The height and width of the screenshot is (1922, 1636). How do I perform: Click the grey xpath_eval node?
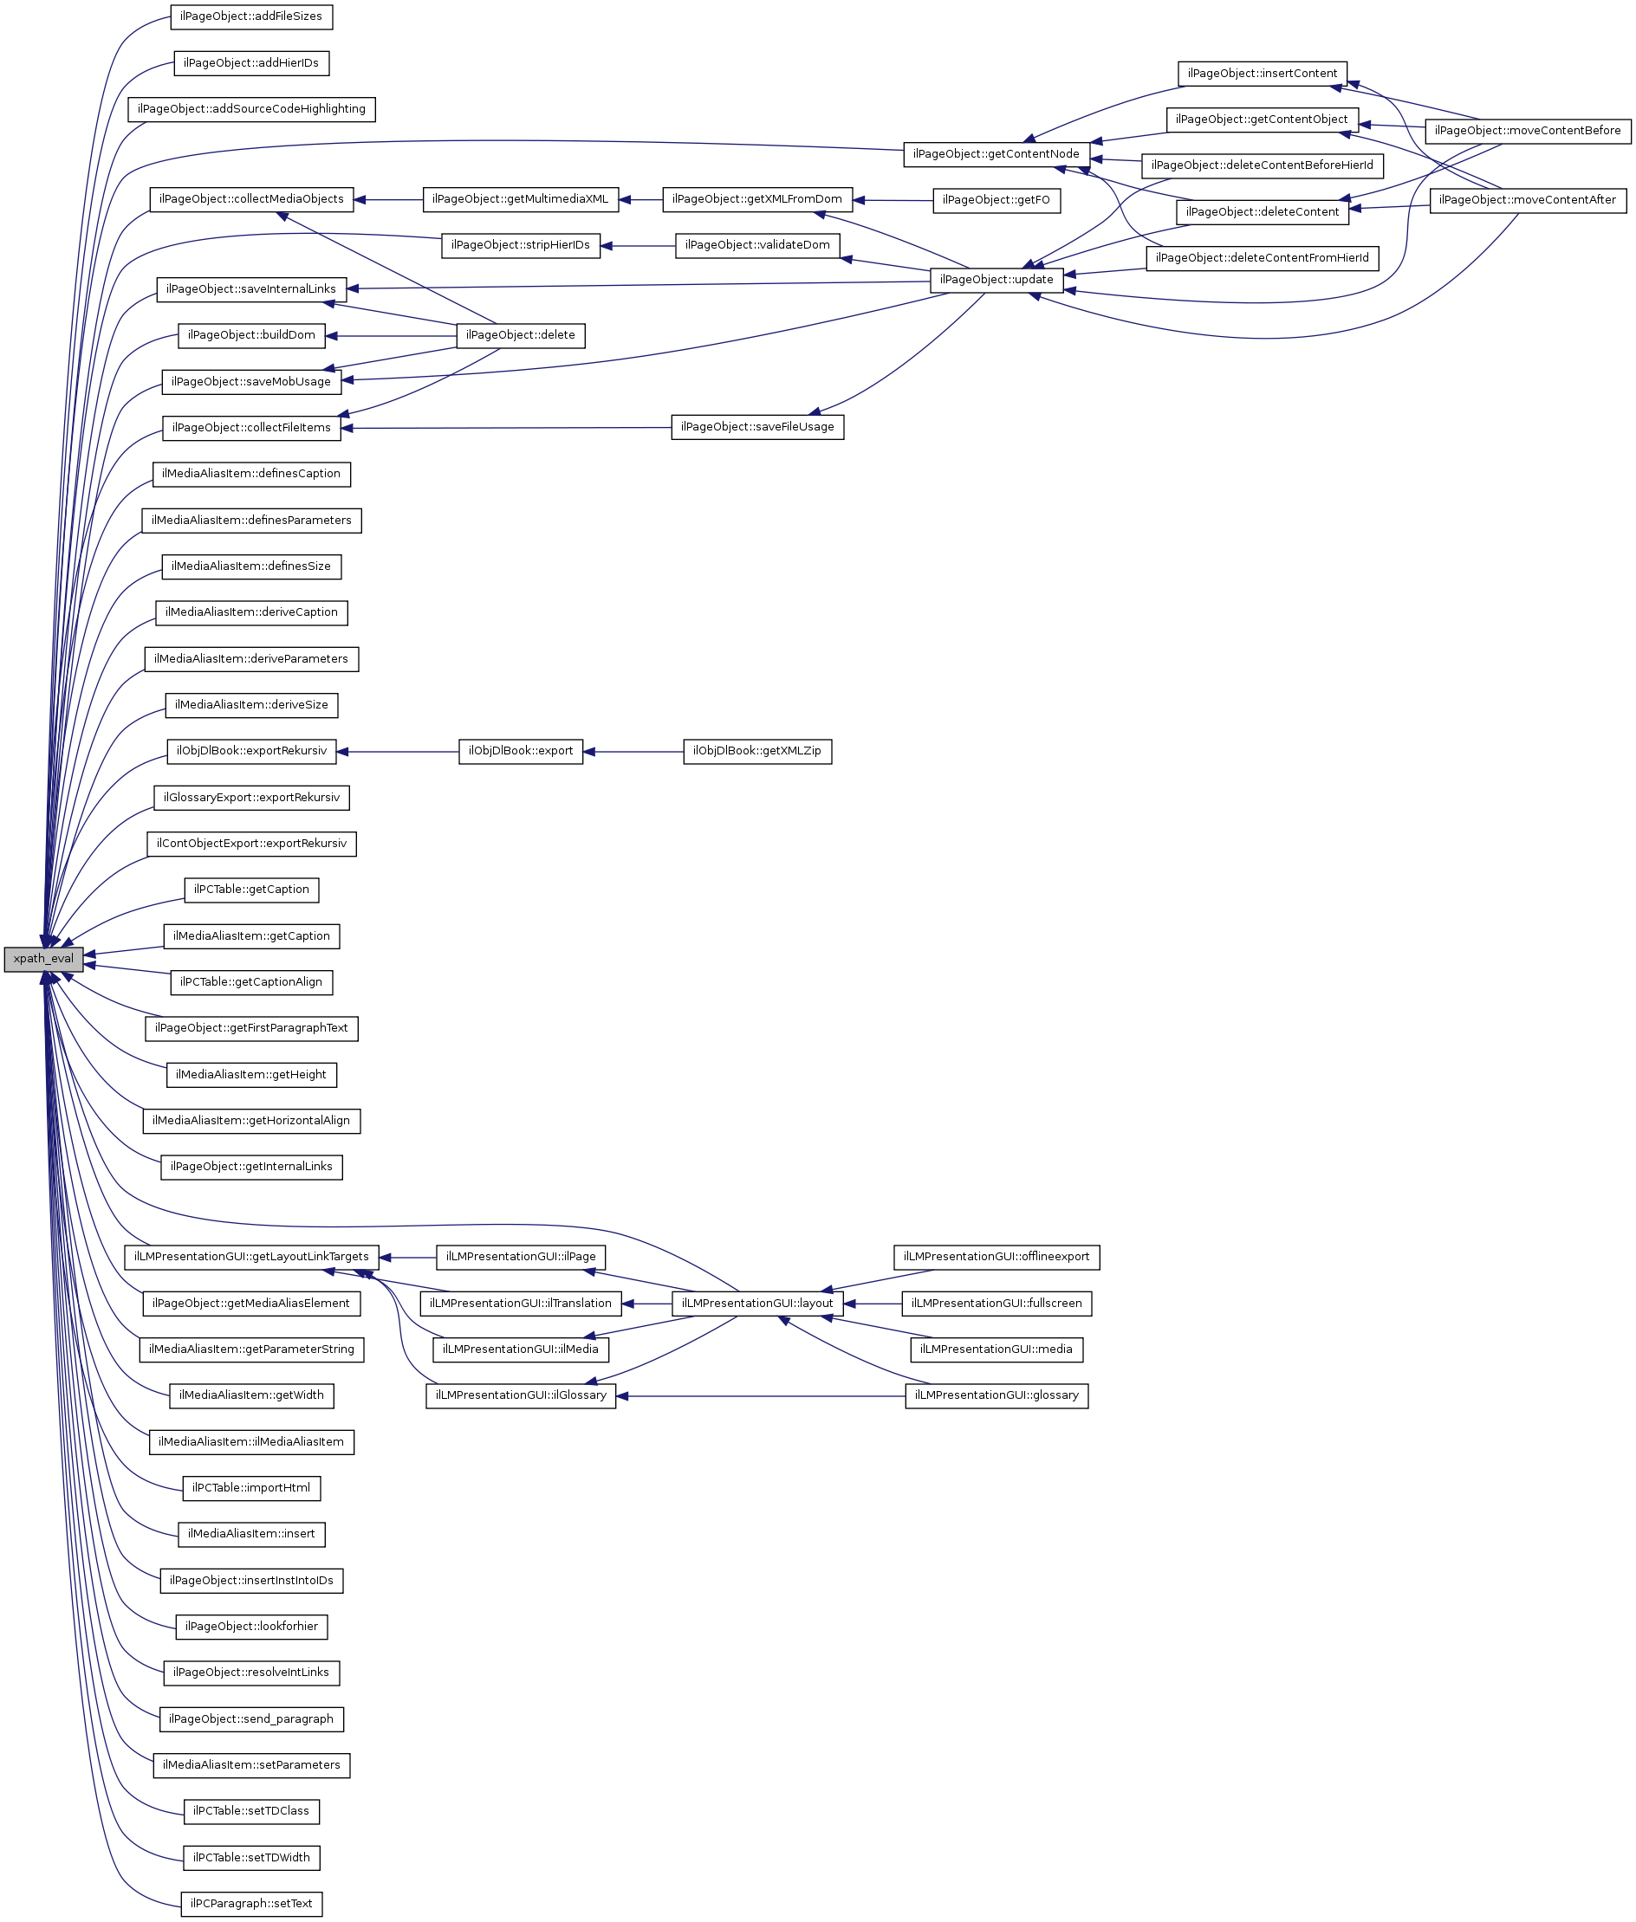(x=43, y=959)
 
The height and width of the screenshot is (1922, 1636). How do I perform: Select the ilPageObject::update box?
(x=996, y=280)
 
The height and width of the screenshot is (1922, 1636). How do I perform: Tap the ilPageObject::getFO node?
(x=996, y=200)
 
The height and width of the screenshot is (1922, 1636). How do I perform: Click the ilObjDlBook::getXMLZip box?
(x=756, y=751)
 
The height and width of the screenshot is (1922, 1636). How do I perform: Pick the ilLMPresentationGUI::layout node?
(x=756, y=1304)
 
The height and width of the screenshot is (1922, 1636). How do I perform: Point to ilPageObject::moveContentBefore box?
(x=1527, y=131)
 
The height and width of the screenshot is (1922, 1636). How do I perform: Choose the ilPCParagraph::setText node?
(x=251, y=1905)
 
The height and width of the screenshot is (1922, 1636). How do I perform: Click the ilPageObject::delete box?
(x=520, y=335)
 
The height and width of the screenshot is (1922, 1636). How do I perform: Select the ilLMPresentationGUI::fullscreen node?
(x=996, y=1304)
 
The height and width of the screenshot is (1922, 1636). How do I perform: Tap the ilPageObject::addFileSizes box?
(x=251, y=16)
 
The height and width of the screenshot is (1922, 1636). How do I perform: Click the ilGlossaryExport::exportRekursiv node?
(x=251, y=798)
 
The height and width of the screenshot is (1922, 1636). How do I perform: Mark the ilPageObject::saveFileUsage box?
(x=756, y=427)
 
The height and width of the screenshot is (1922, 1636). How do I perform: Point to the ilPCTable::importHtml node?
(x=251, y=1488)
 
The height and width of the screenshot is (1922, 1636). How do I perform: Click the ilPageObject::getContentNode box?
(x=996, y=154)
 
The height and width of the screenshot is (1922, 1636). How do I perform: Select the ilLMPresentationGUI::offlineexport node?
(x=996, y=1258)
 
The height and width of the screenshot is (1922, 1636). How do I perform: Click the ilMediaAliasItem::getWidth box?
(x=251, y=1395)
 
